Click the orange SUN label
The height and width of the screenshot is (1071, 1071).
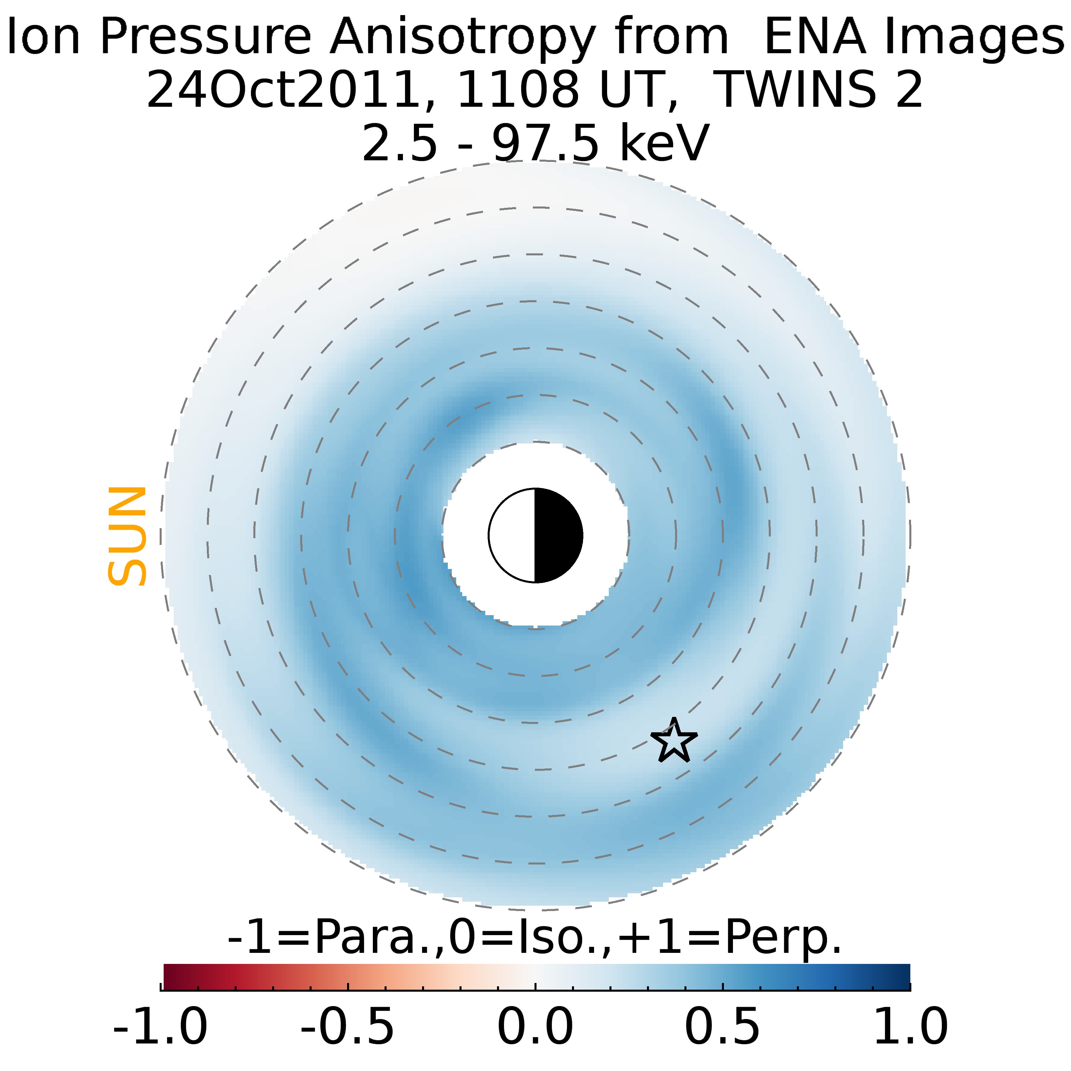(x=127, y=536)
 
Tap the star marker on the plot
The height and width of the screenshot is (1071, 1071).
(x=673, y=741)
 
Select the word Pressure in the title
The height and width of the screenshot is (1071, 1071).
(x=205, y=36)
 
